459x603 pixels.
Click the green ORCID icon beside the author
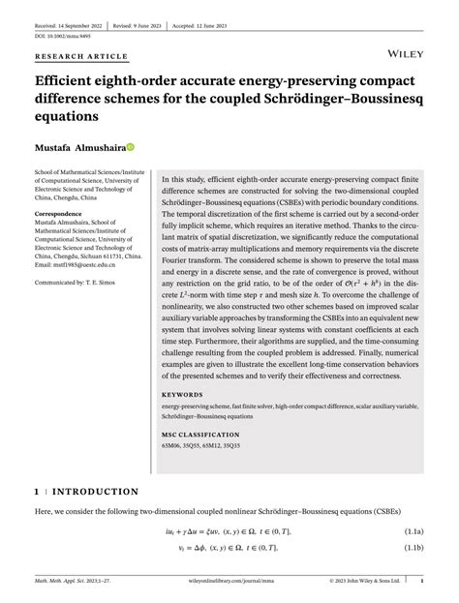[130, 148]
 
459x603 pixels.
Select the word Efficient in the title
[66, 81]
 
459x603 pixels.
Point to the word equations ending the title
[67, 116]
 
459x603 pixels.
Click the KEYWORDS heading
[182, 395]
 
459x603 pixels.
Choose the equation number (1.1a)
[413, 531]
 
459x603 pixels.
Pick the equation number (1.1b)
[413, 548]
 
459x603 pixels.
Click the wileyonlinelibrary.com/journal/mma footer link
[228, 583]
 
